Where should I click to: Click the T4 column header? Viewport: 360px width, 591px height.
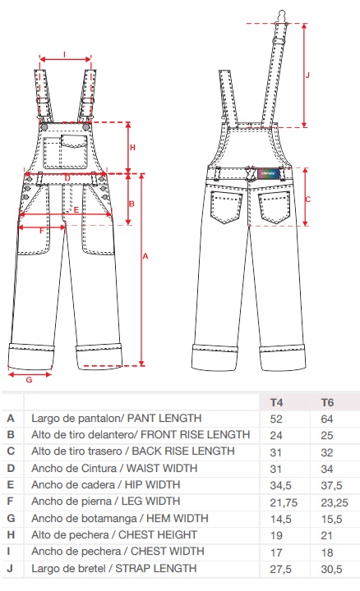(x=276, y=402)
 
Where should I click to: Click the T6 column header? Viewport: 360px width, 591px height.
(x=327, y=402)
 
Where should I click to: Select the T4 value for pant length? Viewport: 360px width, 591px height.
(x=276, y=419)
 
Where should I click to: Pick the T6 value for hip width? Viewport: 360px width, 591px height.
(x=331, y=485)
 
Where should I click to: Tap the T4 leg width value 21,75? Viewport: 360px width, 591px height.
(x=284, y=502)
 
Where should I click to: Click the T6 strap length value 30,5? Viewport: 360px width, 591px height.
(x=331, y=569)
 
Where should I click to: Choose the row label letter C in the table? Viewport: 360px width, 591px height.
(x=11, y=451)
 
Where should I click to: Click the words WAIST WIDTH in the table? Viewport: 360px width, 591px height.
(x=162, y=468)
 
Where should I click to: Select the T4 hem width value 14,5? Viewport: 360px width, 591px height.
(x=281, y=519)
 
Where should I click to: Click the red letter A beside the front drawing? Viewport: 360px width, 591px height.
(x=145, y=256)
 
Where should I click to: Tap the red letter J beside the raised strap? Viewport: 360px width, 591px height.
(x=307, y=75)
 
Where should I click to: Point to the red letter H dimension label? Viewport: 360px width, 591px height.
(x=132, y=148)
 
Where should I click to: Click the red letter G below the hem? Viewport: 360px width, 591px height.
(x=29, y=380)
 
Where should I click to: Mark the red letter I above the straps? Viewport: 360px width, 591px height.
(x=65, y=55)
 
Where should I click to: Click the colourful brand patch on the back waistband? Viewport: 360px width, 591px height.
(x=268, y=173)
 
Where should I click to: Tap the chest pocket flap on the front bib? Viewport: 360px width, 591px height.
(x=74, y=140)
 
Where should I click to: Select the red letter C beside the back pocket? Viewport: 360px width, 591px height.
(x=307, y=199)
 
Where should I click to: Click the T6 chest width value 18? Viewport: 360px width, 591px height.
(x=327, y=552)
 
